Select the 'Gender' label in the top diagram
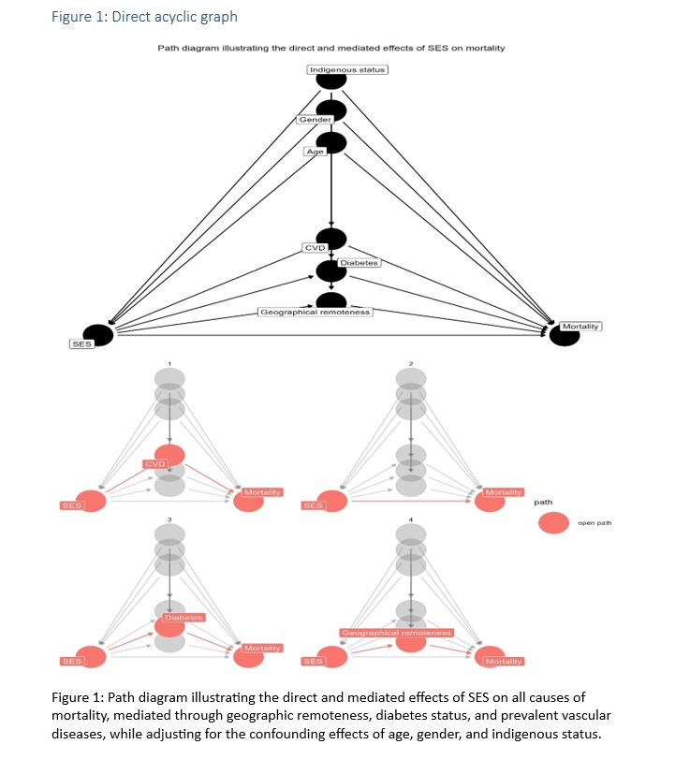click(315, 120)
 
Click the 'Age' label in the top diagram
click(314, 151)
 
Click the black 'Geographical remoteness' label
click(315, 312)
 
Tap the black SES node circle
click(97, 334)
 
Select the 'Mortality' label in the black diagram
click(580, 326)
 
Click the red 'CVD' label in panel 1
click(154, 464)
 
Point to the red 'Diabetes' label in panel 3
click(183, 618)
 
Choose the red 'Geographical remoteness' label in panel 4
click(397, 634)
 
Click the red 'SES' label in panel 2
click(313, 505)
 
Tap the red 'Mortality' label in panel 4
click(504, 662)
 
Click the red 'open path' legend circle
click(553, 523)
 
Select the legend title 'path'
click(542, 503)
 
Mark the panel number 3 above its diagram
click(169, 518)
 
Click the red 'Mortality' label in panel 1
click(262, 492)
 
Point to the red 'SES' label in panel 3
click(71, 662)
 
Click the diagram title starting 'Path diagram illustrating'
click(330, 48)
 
